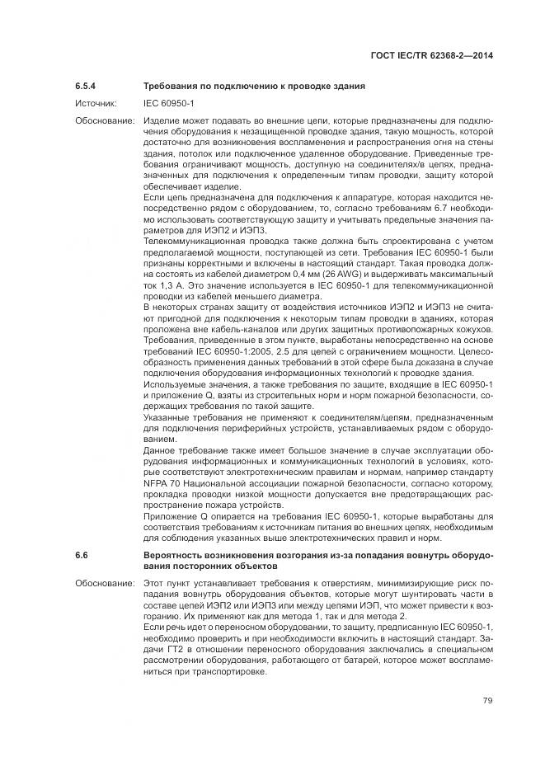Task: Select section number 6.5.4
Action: (x=86, y=86)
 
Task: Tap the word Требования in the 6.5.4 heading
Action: (x=170, y=86)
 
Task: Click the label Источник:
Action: (x=96, y=103)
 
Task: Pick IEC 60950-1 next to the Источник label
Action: (x=168, y=103)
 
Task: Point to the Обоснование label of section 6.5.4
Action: (x=105, y=120)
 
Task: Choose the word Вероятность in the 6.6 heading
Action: (x=173, y=556)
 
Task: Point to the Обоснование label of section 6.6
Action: (x=105, y=582)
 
